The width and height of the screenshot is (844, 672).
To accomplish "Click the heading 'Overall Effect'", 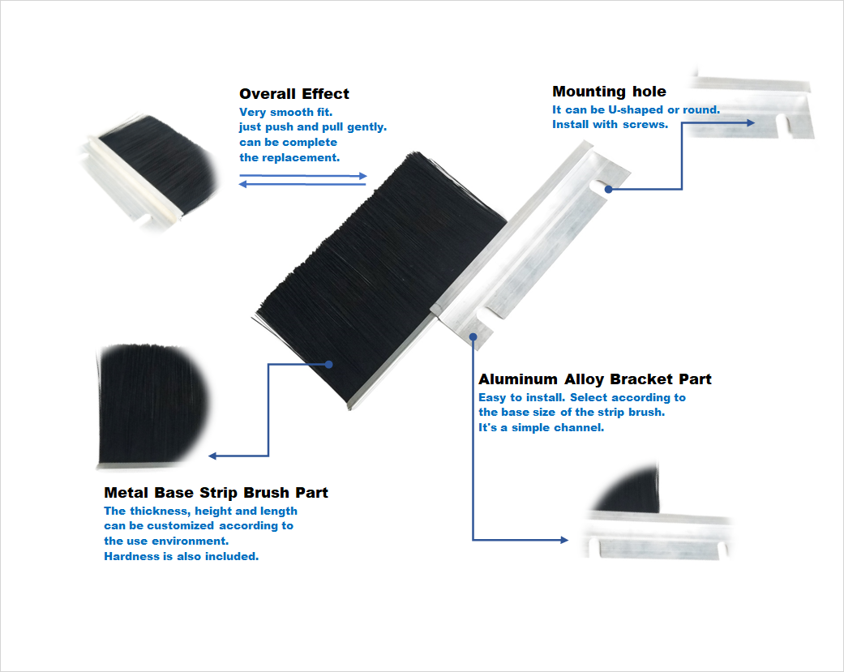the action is click(x=293, y=93).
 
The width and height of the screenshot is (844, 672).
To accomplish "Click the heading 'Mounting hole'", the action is click(x=609, y=92).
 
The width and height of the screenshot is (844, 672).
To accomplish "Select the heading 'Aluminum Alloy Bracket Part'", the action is click(x=595, y=379).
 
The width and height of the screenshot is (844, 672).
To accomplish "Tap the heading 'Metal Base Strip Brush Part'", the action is click(x=216, y=492).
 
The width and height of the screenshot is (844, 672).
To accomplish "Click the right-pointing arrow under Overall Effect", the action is click(x=303, y=175).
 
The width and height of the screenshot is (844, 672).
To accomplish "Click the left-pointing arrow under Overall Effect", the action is click(x=302, y=184).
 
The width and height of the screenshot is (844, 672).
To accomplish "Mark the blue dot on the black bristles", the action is click(x=329, y=364).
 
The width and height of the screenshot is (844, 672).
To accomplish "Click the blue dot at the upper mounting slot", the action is click(x=608, y=190).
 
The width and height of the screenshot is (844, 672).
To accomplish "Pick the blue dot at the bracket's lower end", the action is click(x=473, y=336).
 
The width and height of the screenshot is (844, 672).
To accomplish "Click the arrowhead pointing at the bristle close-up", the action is click(x=212, y=456).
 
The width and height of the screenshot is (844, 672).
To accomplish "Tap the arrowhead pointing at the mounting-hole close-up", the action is click(x=751, y=122).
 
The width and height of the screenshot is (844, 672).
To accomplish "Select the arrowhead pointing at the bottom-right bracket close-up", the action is click(x=564, y=540).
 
